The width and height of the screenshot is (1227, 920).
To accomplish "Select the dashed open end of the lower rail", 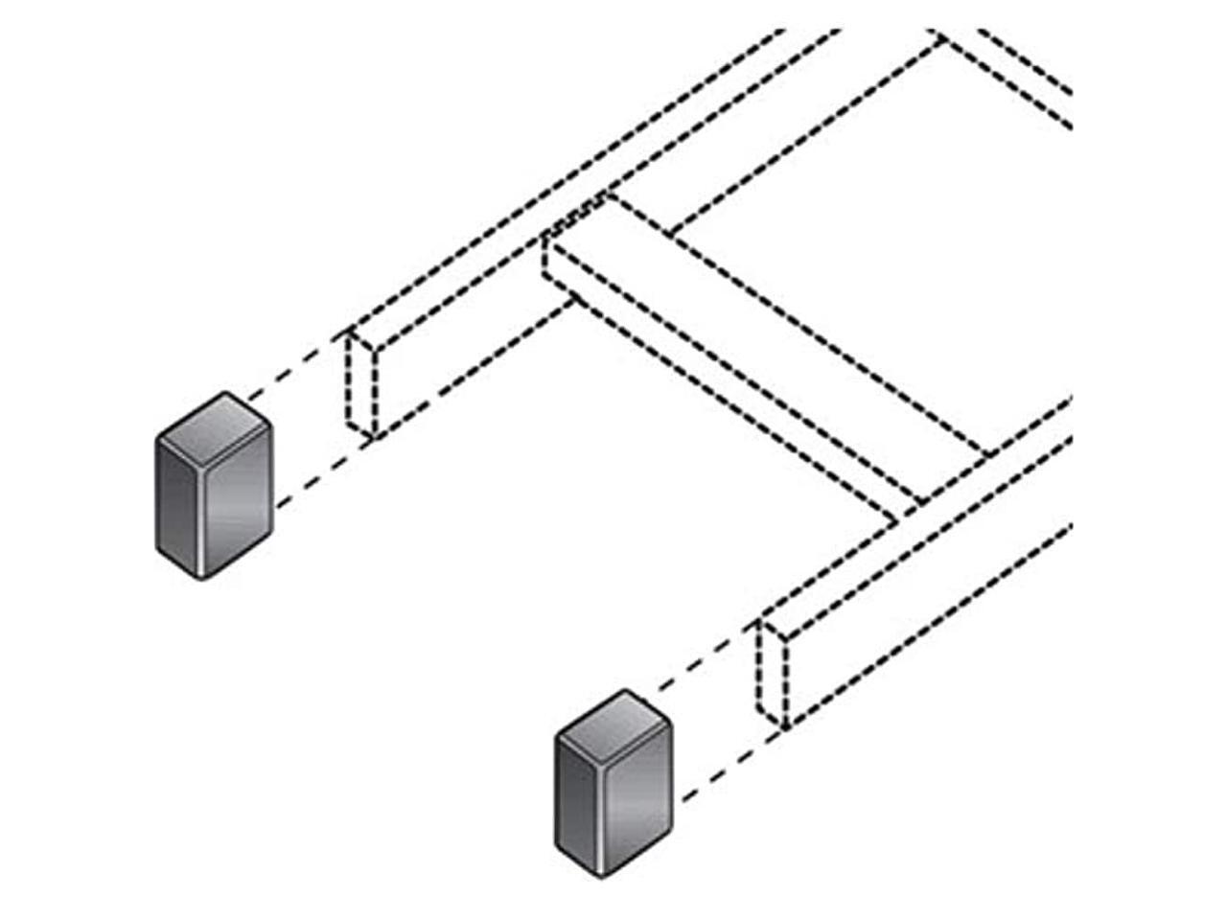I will pos(774,675).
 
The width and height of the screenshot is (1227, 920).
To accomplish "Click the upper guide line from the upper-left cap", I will pos(292,368).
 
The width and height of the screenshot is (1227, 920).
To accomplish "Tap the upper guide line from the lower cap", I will pos(705,661).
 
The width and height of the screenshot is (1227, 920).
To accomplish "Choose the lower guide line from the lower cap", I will pos(724,771).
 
